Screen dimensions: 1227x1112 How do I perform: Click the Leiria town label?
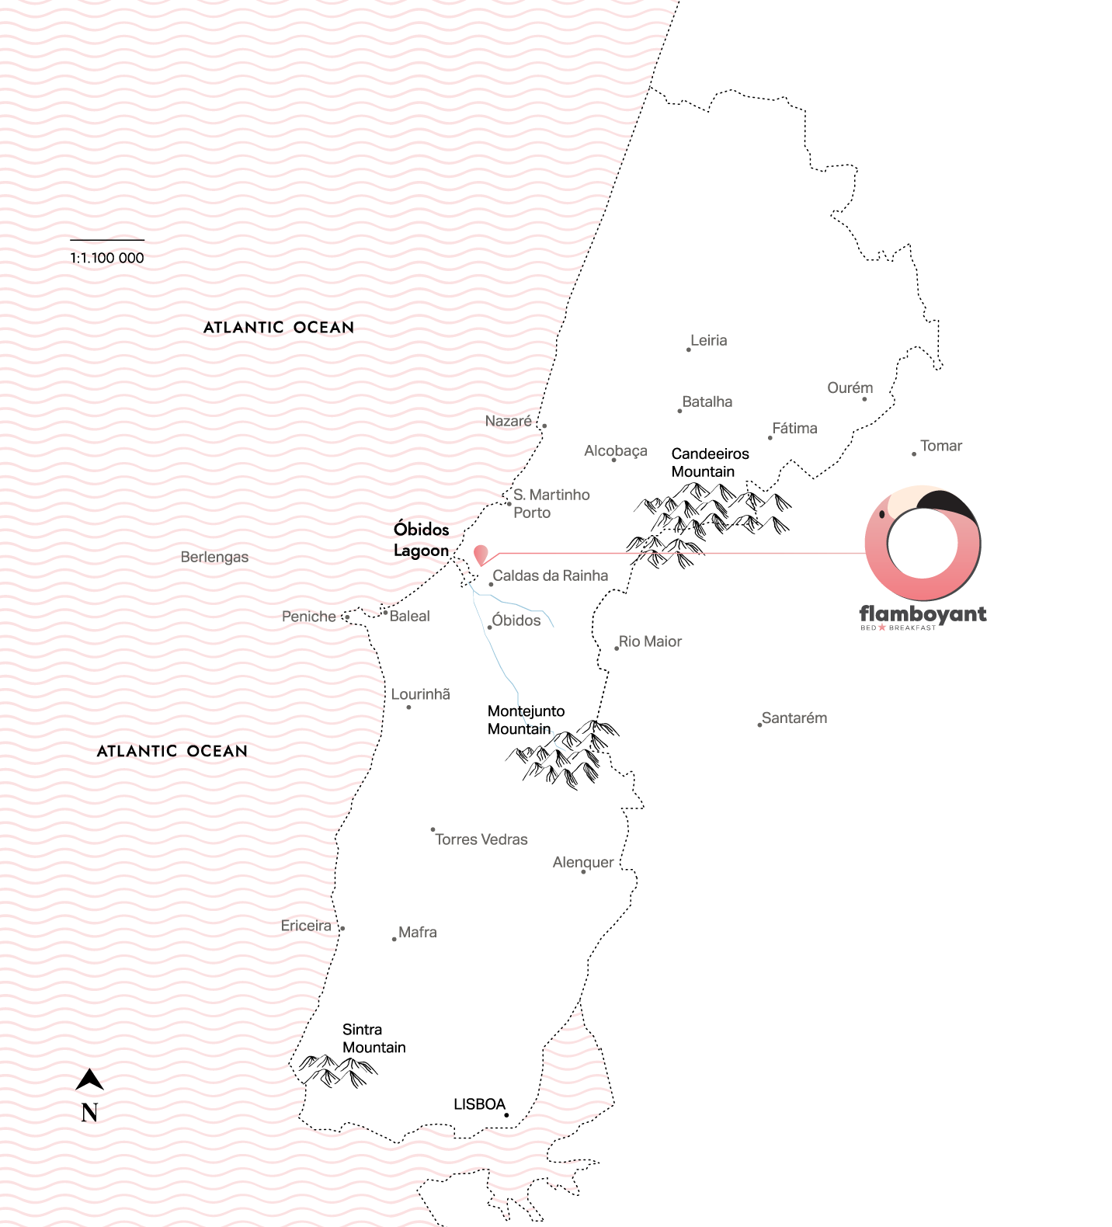click(x=708, y=340)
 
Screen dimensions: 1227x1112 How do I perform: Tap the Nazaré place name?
click(x=508, y=421)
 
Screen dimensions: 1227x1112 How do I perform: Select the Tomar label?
click(x=940, y=446)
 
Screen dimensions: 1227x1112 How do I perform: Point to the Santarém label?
click(x=794, y=718)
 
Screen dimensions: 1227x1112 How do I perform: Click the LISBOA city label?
click(x=479, y=1104)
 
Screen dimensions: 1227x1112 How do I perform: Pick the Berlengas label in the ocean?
click(x=214, y=557)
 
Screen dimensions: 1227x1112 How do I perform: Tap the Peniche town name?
click(x=308, y=617)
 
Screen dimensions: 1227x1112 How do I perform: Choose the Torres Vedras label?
click(x=481, y=839)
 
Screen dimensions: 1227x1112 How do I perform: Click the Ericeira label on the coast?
click(x=306, y=926)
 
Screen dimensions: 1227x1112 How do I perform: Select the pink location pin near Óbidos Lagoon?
click(x=481, y=554)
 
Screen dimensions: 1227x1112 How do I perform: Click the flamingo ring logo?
click(x=923, y=544)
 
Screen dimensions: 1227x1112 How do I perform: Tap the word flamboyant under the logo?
click(x=923, y=613)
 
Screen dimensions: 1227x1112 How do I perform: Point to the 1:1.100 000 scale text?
click(x=107, y=258)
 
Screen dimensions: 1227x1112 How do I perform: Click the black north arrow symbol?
click(x=89, y=1079)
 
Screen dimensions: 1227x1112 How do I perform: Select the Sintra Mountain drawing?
click(x=338, y=1070)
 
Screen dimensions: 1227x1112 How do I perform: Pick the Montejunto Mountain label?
click(x=526, y=720)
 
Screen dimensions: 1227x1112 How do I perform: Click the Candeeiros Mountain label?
click(x=710, y=463)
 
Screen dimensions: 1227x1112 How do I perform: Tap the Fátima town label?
click(x=794, y=428)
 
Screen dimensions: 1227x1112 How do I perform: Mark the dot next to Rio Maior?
click(x=617, y=648)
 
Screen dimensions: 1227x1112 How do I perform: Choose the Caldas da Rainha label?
click(x=550, y=575)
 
